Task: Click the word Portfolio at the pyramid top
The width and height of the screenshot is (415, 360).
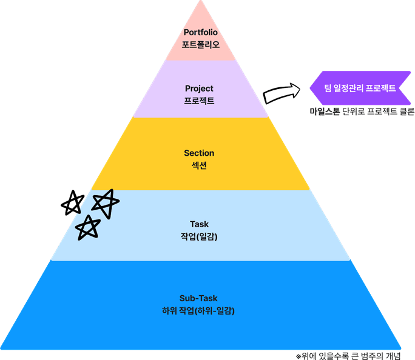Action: [200, 32]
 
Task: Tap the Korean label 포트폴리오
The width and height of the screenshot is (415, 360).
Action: [200, 44]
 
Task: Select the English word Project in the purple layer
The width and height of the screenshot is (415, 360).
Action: [199, 88]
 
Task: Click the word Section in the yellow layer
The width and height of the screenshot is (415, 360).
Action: [199, 153]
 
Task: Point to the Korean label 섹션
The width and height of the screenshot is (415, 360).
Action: [199, 165]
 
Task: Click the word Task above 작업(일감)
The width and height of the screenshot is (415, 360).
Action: [199, 224]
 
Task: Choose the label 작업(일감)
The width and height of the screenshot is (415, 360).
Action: [199, 236]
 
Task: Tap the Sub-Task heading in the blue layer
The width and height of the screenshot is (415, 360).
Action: [198, 298]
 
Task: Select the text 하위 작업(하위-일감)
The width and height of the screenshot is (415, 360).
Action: [198, 311]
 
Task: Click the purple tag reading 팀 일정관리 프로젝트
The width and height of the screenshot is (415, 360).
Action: [360, 88]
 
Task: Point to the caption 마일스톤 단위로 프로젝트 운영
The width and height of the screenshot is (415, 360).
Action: [362, 112]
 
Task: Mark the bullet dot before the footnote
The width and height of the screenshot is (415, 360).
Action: [299, 356]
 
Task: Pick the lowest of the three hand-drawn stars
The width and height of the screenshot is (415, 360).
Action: [89, 227]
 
